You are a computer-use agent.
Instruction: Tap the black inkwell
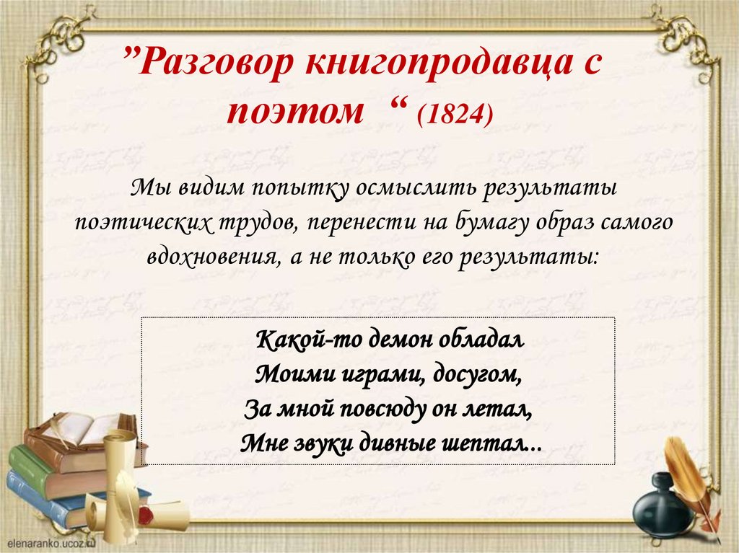(x=661, y=509)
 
